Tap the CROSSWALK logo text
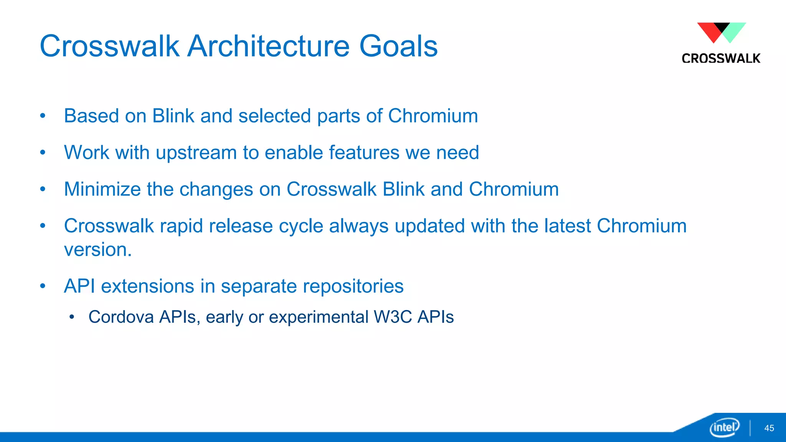click(721, 58)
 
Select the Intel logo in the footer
click(724, 427)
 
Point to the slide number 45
click(769, 428)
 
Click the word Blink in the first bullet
click(173, 116)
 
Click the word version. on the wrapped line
click(98, 250)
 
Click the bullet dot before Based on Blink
click(43, 116)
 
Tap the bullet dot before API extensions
click(43, 286)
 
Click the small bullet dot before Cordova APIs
click(71, 317)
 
